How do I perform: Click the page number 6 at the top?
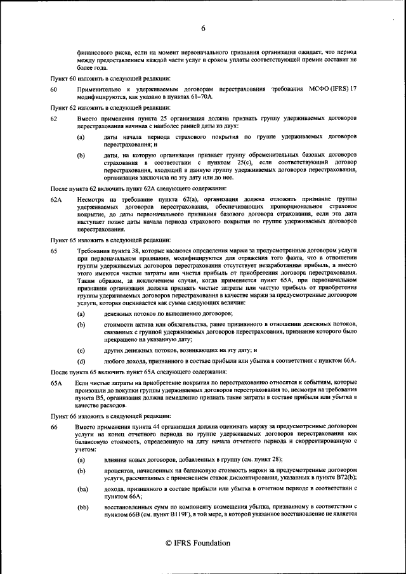click(x=203, y=28)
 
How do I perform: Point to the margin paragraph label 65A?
click(x=56, y=384)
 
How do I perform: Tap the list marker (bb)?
click(x=82, y=507)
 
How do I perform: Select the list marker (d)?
click(x=81, y=360)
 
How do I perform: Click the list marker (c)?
click(x=81, y=349)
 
